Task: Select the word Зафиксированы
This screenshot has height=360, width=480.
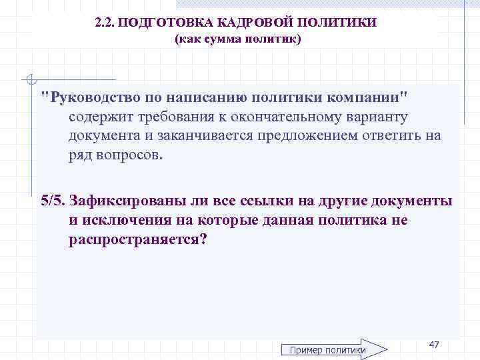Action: click(122, 201)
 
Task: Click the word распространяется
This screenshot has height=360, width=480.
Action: click(137, 239)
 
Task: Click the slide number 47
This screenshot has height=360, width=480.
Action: click(434, 344)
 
